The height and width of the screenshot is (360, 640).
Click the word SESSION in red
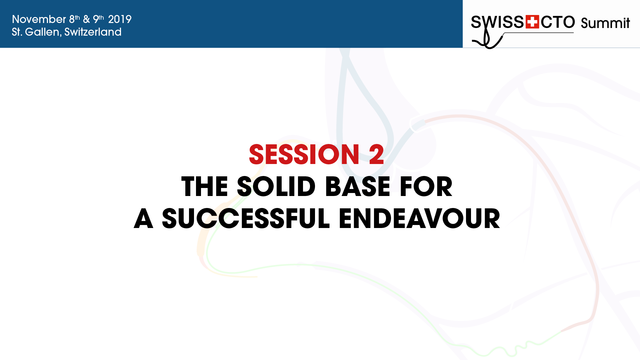coord(304,155)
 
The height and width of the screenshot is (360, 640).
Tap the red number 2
coord(376,155)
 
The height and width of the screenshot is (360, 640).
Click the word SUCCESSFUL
coord(246,219)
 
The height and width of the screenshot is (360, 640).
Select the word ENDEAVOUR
coord(419,219)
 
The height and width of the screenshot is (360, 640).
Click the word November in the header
coord(39,19)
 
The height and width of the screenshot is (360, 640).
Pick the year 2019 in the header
coord(120,19)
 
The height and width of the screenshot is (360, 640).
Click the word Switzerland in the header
coord(93,32)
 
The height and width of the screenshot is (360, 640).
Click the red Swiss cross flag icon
coord(532,22)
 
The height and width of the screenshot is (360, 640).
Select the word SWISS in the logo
coord(497,22)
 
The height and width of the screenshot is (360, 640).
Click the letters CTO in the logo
coord(558,22)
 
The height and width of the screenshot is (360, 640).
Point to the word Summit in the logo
coord(605,23)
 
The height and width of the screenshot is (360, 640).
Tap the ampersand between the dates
coord(86,19)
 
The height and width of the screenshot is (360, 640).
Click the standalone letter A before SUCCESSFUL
coord(143,219)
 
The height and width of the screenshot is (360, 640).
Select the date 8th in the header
coord(74,19)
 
